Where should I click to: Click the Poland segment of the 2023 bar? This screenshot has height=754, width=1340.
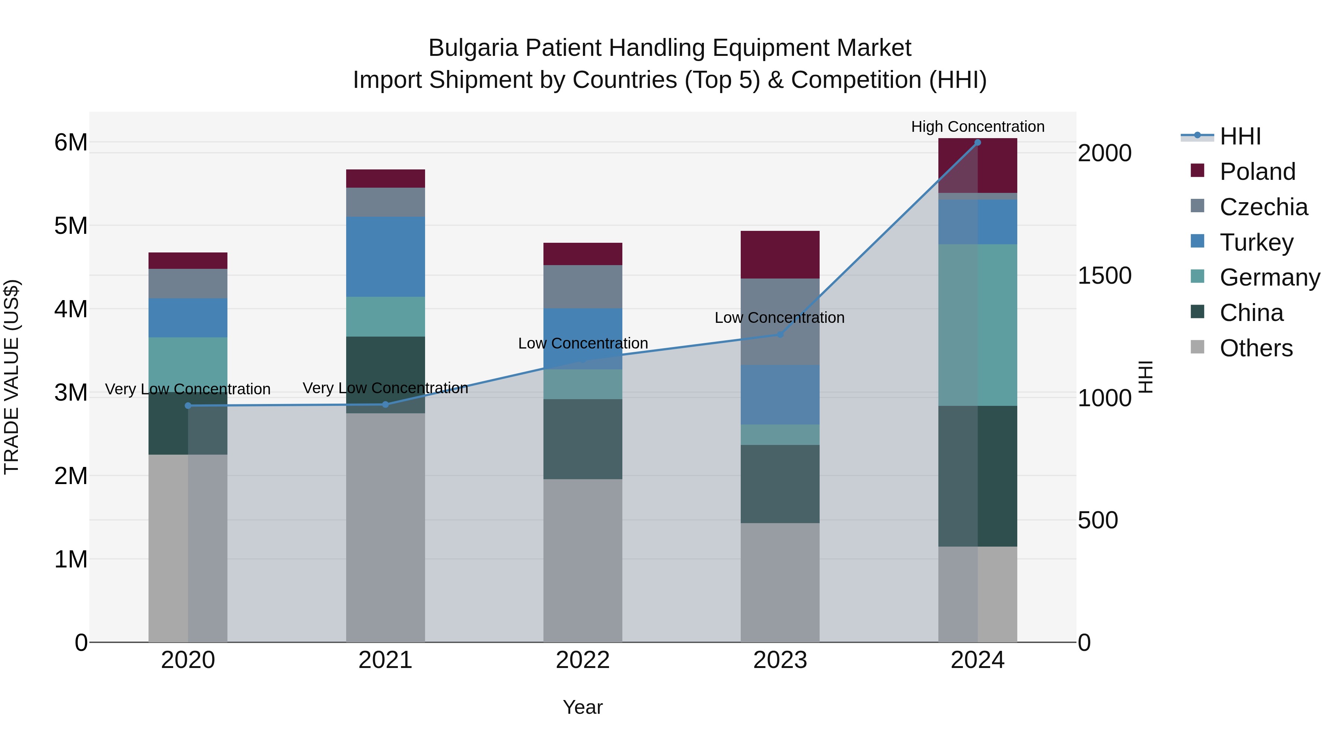tap(780, 254)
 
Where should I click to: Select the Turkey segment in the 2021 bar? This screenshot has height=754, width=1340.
tap(386, 257)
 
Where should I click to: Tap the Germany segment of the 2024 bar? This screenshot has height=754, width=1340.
tap(977, 325)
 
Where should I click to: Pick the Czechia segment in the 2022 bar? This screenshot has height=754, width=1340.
tap(583, 286)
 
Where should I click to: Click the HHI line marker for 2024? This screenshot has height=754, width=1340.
tap(977, 143)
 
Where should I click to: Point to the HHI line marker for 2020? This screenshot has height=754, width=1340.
tap(188, 406)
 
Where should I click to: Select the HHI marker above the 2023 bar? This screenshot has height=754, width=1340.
tap(780, 335)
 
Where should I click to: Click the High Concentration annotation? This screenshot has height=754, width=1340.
tap(977, 127)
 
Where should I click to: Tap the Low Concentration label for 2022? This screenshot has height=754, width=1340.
tap(583, 343)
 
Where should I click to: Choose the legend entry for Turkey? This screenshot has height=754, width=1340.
tap(1256, 242)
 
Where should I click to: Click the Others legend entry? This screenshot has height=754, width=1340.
tap(1256, 348)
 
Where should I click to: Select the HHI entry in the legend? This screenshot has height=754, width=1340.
tap(1240, 136)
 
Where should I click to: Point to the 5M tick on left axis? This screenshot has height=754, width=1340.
tap(71, 226)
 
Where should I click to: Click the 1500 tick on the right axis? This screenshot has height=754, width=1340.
tap(1104, 276)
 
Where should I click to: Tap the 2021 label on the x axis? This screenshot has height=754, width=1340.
tap(386, 660)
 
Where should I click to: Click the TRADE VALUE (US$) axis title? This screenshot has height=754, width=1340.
tap(12, 377)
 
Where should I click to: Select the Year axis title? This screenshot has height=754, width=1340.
tap(583, 707)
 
